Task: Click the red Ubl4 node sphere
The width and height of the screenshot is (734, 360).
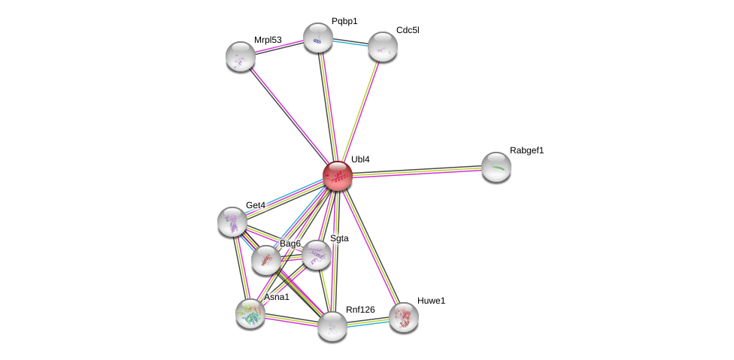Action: (338, 176)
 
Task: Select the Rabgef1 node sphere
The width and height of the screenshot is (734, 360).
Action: (496, 167)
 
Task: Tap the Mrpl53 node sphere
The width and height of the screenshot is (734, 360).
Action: (241, 56)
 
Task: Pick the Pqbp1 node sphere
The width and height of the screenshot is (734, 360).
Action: (318, 38)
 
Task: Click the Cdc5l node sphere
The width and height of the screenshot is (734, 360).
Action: (382, 47)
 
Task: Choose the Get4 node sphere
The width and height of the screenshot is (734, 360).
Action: (232, 222)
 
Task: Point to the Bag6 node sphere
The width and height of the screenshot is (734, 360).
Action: (265, 259)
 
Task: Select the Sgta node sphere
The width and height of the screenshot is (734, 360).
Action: (316, 255)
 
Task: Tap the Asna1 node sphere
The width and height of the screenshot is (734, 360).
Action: (250, 313)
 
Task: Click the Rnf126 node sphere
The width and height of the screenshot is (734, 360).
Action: (332, 326)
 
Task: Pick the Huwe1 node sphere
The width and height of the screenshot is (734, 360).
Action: (404, 317)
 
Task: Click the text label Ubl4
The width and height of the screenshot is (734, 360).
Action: (360, 159)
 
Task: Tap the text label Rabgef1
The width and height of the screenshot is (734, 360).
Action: (526, 150)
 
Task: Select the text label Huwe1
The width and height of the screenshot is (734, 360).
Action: (431, 301)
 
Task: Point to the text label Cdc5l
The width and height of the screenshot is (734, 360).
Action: (408, 30)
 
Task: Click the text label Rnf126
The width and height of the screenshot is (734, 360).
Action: (360, 310)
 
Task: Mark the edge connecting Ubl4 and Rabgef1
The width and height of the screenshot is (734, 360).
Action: (417, 171)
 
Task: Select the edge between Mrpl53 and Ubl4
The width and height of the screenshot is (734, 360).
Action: (290, 116)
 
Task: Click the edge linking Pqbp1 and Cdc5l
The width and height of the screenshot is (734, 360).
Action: (350, 42)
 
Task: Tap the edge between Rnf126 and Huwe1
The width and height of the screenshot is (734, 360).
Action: (368, 322)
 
